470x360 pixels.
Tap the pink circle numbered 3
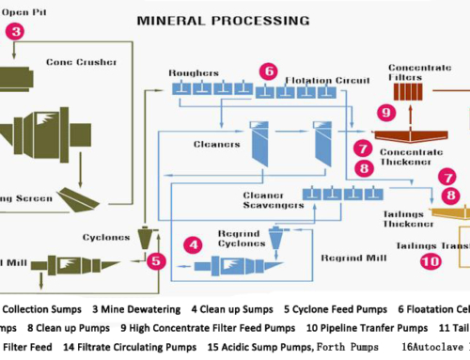tap(17, 30)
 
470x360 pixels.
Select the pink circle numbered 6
tap(270, 70)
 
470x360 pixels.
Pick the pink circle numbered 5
tap(157, 260)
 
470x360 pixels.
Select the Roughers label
tap(193, 72)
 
